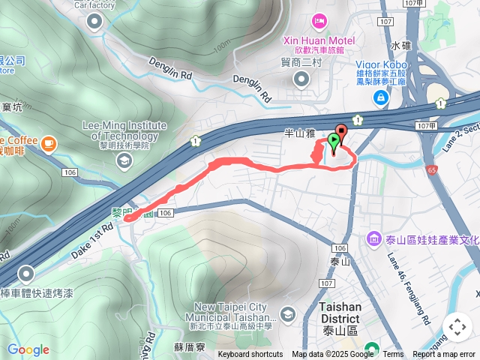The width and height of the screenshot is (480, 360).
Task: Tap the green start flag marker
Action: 333,141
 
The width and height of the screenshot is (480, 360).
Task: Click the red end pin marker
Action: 341,133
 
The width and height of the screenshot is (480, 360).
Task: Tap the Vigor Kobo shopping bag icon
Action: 382,97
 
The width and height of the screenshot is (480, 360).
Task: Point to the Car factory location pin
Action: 94,22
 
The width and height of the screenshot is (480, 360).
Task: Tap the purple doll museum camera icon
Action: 373,239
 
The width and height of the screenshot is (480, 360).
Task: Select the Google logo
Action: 28,349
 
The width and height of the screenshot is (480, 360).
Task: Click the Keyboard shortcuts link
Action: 250,355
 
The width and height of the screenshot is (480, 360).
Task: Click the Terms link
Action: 393,355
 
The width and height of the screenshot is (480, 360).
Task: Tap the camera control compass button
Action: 457,327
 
